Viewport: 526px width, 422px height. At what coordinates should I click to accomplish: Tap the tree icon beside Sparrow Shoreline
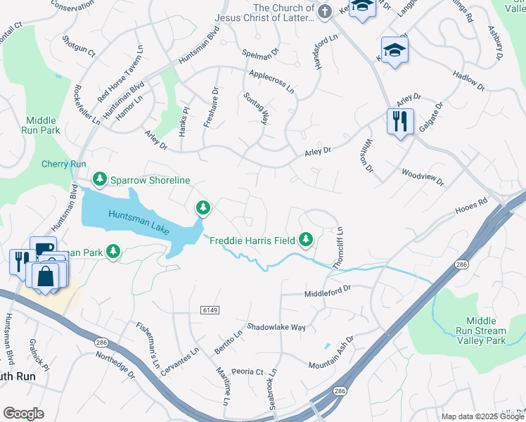click(x=101, y=180)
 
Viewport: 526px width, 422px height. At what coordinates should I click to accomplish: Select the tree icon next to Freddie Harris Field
click(x=306, y=240)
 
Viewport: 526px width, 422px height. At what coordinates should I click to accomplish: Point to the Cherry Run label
click(x=63, y=164)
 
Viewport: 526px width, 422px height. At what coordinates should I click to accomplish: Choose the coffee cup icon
click(x=43, y=248)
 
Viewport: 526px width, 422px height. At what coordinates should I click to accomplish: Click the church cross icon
click(x=324, y=11)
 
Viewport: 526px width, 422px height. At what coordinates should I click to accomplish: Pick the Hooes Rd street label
click(x=471, y=205)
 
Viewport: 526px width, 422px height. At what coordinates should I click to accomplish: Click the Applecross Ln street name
click(x=271, y=79)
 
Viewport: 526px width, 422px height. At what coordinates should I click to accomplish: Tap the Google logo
click(x=23, y=413)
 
